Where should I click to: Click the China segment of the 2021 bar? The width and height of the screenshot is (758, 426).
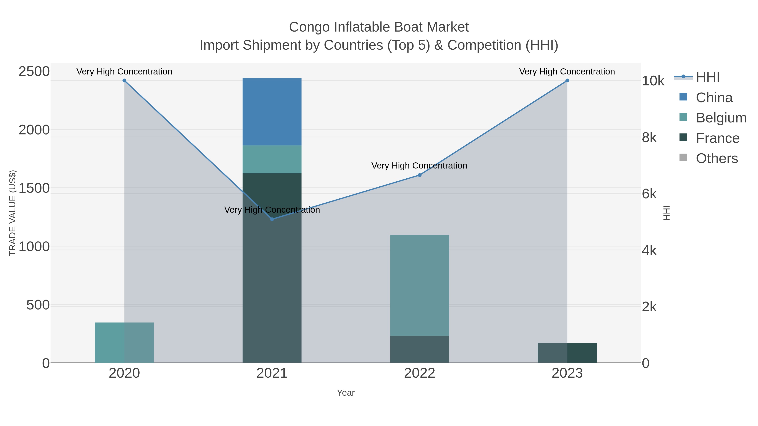(x=272, y=112)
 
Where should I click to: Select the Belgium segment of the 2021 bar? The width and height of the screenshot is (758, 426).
(x=272, y=159)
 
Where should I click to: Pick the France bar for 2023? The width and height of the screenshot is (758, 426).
(x=567, y=353)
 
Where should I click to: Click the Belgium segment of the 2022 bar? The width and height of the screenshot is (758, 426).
(x=419, y=285)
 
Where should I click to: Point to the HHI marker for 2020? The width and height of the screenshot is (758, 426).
(x=124, y=81)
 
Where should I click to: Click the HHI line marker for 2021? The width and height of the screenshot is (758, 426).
(x=272, y=219)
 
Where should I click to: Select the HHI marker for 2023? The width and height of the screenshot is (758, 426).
(x=567, y=81)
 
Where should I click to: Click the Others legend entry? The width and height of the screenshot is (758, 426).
(x=717, y=158)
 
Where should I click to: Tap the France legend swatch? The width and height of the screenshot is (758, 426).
(x=683, y=138)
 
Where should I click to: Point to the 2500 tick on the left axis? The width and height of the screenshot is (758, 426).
(x=34, y=72)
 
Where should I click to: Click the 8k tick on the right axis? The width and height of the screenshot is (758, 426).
(x=649, y=138)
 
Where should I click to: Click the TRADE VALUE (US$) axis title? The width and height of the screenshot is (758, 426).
(x=12, y=213)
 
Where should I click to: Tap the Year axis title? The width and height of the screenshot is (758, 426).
(x=346, y=393)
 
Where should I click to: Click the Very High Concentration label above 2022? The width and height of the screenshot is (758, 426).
(x=419, y=166)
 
